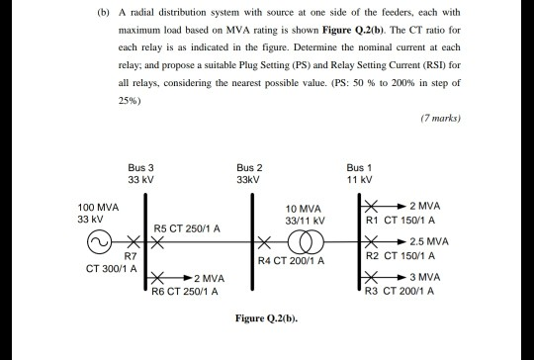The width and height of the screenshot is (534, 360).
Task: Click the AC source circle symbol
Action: click(x=98, y=242)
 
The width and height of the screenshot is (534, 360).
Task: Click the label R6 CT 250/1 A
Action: click(x=187, y=292)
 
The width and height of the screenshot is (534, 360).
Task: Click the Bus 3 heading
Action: click(x=141, y=169)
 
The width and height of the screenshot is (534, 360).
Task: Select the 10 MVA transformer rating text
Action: click(x=301, y=209)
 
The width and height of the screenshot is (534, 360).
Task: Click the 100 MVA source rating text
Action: click(x=98, y=208)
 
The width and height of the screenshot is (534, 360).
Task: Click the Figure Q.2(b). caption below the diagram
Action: click(x=266, y=319)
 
